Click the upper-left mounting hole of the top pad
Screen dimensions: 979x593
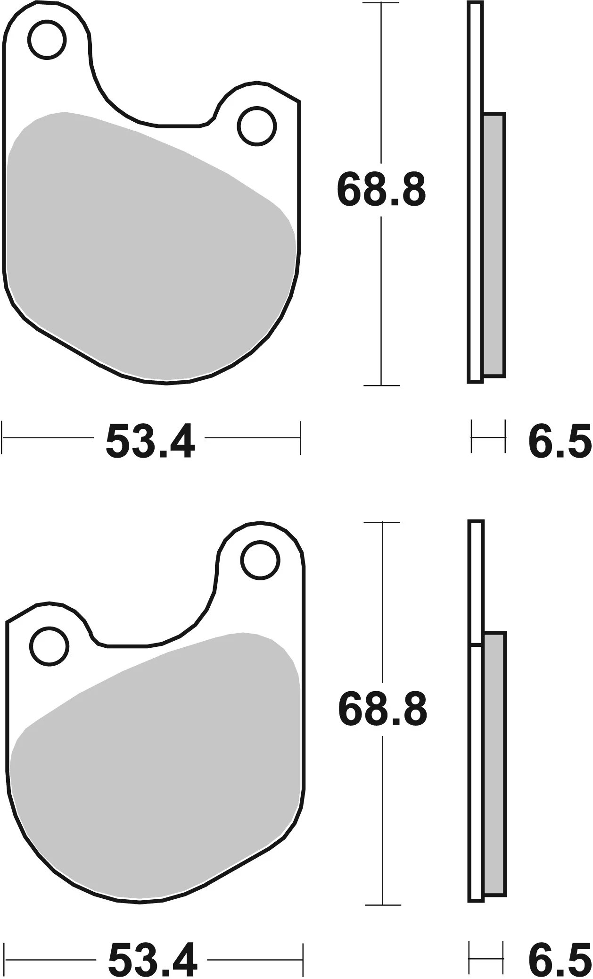(x=47, y=40)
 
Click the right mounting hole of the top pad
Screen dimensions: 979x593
(x=257, y=126)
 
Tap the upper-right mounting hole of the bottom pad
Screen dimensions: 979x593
(x=260, y=560)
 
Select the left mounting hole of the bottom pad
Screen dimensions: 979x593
(x=49, y=646)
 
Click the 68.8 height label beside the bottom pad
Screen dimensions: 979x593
(x=382, y=710)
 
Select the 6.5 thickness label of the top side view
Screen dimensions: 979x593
(x=559, y=442)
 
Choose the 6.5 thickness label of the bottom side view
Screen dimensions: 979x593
(x=559, y=961)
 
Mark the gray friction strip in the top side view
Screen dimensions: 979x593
(x=494, y=245)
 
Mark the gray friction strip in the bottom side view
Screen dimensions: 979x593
(x=494, y=764)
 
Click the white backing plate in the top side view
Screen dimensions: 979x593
(x=476, y=189)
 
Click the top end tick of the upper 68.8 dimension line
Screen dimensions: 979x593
(x=381, y=3)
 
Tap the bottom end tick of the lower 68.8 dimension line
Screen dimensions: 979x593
(x=383, y=905)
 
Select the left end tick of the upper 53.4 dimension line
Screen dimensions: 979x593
(x=2, y=437)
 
